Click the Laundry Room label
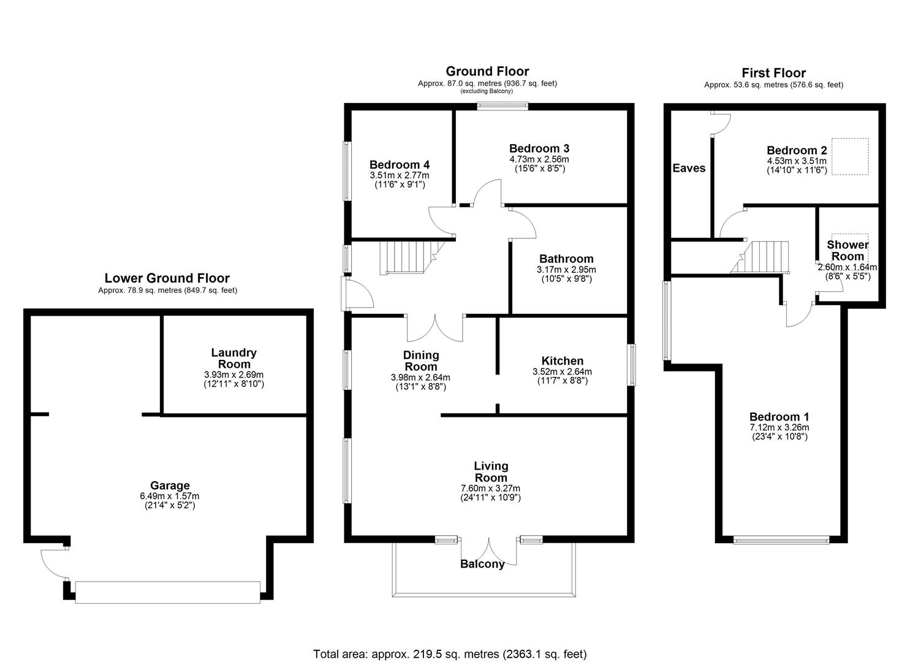(233, 358)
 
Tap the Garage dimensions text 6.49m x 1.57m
(170, 496)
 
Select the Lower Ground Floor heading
(167, 278)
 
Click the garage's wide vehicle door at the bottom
(167, 592)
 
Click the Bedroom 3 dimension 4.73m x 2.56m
(539, 159)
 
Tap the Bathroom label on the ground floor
(566, 259)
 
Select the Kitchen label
(562, 361)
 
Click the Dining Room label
(420, 360)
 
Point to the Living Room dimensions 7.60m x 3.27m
(491, 489)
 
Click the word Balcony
(482, 564)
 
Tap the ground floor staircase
(405, 257)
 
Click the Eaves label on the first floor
(689, 168)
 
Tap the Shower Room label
(847, 250)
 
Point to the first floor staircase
(763, 257)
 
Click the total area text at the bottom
(450, 654)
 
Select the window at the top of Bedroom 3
(502, 106)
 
